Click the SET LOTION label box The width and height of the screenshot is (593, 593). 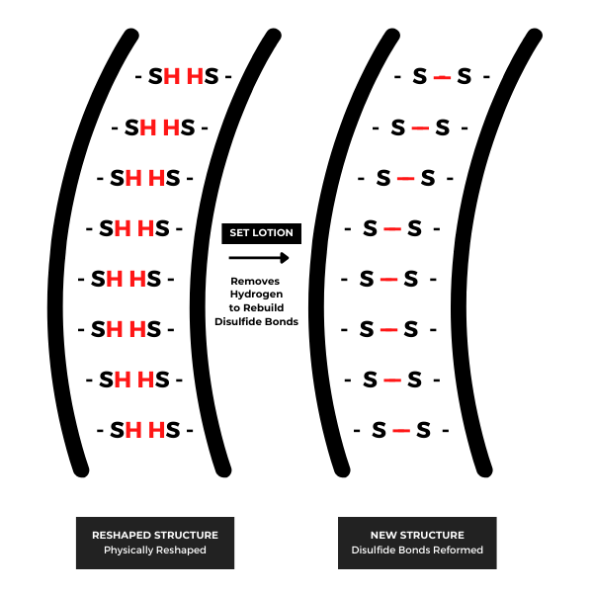click(x=261, y=233)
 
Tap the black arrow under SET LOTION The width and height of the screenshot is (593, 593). click(x=259, y=258)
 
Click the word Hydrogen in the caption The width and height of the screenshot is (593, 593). click(x=256, y=295)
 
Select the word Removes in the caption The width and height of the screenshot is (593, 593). click(x=255, y=281)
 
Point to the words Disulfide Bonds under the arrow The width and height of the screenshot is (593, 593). click(x=256, y=321)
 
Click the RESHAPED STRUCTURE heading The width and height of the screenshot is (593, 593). click(x=155, y=535)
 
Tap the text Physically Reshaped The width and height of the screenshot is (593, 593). click(x=155, y=550)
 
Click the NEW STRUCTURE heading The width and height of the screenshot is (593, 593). click(x=417, y=535)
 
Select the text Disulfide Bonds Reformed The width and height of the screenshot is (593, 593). click(x=417, y=550)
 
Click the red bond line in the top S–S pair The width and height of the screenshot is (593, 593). click(x=442, y=77)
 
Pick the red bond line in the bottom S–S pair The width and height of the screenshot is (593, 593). click(x=401, y=430)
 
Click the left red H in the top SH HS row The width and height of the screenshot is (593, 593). click(x=171, y=76)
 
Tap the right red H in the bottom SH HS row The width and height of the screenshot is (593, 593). click(x=156, y=430)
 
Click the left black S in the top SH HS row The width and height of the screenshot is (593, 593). click(x=155, y=76)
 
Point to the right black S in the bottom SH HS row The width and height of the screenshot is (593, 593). click(x=172, y=430)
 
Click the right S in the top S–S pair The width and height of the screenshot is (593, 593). click(x=465, y=76)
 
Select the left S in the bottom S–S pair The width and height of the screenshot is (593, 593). click(x=379, y=430)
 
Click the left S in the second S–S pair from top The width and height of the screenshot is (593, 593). click(x=398, y=127)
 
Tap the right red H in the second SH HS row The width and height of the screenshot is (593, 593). click(x=171, y=127)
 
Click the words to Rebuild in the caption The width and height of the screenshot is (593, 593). click(x=256, y=307)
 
